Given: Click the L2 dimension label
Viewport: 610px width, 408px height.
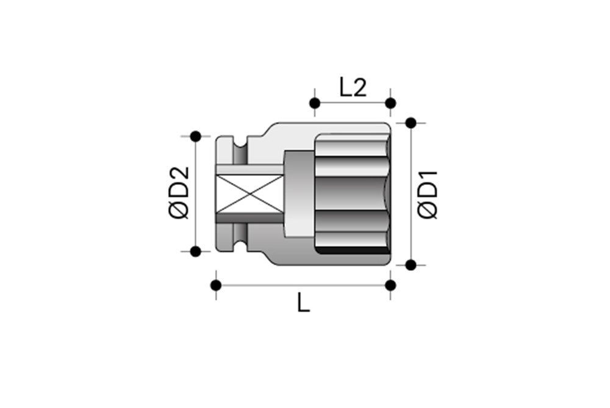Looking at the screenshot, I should pos(353,87).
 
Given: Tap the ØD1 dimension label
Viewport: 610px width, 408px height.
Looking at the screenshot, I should pos(428,195).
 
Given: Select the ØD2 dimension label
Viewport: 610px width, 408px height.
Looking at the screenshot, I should pos(178,193).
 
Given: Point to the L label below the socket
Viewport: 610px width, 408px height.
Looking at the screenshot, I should pos(303,302).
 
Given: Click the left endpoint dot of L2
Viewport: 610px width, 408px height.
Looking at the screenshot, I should pos(315,102).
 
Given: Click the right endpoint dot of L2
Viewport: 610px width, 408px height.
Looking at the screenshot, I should pos(390,102).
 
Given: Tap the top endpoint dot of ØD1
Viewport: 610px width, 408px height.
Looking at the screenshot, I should pos(411,123).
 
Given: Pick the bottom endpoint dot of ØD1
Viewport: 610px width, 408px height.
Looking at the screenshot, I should pos(411,265).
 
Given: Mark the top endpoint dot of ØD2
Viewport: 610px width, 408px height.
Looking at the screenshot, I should pos(195,137).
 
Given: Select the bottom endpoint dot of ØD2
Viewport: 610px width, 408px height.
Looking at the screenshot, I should pos(195,251).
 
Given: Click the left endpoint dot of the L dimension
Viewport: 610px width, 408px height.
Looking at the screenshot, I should pos(215,285).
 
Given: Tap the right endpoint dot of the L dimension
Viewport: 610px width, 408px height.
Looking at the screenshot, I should pos(390,285).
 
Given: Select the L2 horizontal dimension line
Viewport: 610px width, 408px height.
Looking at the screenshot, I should pos(353,102).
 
